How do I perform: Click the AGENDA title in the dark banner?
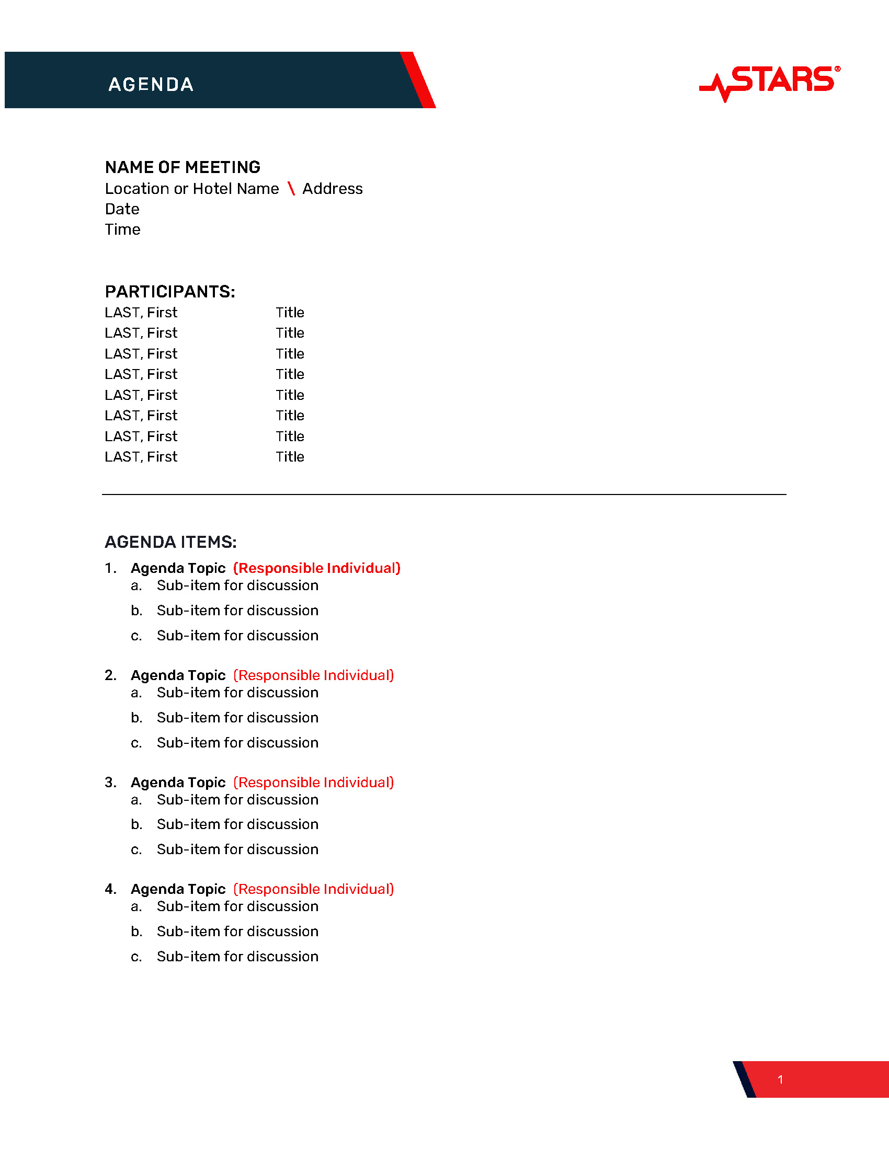[x=151, y=84]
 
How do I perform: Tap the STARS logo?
[x=770, y=82]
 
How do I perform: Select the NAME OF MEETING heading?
[x=182, y=167]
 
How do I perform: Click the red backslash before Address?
[x=291, y=189]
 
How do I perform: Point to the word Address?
[x=332, y=189]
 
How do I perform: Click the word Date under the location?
[x=122, y=209]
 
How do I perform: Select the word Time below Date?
[x=123, y=229]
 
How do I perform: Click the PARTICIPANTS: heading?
[x=169, y=292]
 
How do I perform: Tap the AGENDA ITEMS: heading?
[x=170, y=542]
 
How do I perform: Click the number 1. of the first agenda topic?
[x=110, y=568]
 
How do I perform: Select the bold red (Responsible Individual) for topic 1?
[x=316, y=568]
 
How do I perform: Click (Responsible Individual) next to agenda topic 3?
[x=313, y=783]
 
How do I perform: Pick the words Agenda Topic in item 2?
[x=178, y=675]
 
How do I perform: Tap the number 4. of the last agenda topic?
[x=110, y=889]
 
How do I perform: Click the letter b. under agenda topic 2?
[x=136, y=718]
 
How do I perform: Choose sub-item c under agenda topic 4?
[x=237, y=957]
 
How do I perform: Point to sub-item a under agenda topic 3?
[x=237, y=800]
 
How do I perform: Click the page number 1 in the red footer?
[x=780, y=1079]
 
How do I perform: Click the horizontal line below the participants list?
[x=443, y=494]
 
